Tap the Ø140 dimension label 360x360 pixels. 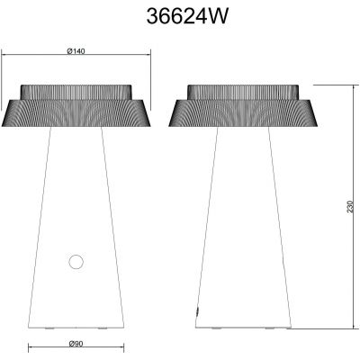point(76,51)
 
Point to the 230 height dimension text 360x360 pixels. point(348,207)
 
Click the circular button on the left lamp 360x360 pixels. point(75,262)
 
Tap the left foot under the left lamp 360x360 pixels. point(48,329)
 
